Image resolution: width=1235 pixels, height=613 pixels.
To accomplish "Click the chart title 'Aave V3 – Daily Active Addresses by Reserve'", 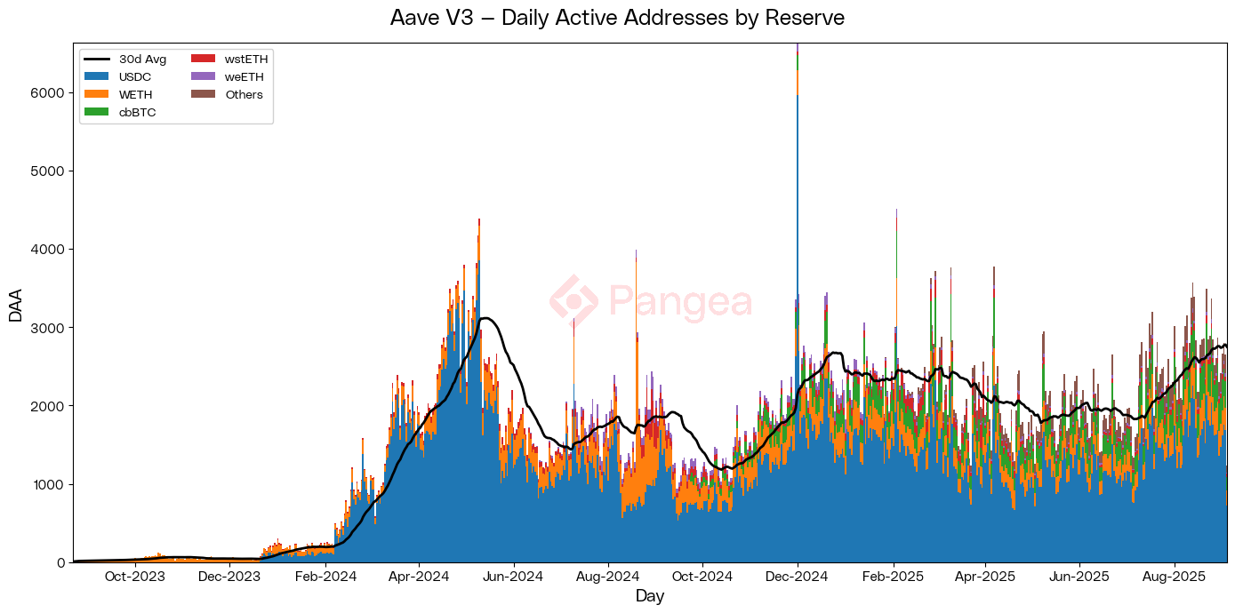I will [x=617, y=18].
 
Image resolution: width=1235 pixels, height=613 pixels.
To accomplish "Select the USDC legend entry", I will [x=123, y=77].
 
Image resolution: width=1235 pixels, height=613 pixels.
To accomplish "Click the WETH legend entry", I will [x=123, y=94].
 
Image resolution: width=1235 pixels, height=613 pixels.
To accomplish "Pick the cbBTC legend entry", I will [x=123, y=112].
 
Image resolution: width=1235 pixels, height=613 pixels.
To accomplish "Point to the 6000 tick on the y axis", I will [x=49, y=92].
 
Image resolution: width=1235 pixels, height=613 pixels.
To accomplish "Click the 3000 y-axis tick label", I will [x=49, y=328].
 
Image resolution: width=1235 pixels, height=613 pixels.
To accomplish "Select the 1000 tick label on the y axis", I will [x=49, y=484].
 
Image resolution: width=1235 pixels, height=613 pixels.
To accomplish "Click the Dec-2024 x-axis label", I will [x=798, y=577].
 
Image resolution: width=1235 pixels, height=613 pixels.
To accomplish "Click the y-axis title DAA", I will [x=16, y=303].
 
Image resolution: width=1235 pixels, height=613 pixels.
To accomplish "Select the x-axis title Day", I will [x=650, y=596].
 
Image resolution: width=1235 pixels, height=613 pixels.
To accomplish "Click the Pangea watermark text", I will [x=680, y=302].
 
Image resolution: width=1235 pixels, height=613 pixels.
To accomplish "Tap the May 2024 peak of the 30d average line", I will [x=485, y=318].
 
